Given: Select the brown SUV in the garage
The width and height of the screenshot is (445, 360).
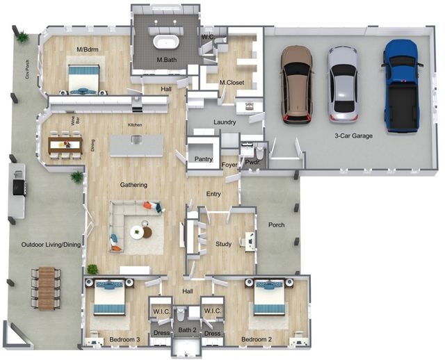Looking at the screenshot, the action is click(297, 85).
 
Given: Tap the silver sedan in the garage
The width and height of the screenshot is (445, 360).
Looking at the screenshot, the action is click(343, 84).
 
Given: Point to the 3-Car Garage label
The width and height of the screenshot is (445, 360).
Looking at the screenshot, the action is click(353, 136).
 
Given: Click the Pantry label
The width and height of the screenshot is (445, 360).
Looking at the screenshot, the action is click(204, 159).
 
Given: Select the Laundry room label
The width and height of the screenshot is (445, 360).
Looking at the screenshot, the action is click(225, 122).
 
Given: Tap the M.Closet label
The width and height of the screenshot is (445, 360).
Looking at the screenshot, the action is click(232, 83).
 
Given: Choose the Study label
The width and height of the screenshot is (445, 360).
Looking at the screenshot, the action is click(223, 244).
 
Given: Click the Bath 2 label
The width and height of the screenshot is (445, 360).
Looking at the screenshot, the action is click(187, 330).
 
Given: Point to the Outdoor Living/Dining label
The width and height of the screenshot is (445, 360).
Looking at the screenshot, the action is click(51, 245).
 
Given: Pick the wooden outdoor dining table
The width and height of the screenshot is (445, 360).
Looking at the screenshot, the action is click(47, 288).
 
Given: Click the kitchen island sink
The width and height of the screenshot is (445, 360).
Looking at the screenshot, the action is click(136, 139).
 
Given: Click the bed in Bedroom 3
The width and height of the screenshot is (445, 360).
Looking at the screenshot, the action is click(109, 297).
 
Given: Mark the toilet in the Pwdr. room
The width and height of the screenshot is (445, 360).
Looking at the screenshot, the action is click(259, 154).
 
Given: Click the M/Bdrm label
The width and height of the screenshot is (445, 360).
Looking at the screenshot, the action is click(88, 49).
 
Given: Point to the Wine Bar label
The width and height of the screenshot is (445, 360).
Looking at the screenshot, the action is click(75, 122).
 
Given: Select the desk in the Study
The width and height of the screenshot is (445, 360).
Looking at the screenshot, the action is click(250, 241).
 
